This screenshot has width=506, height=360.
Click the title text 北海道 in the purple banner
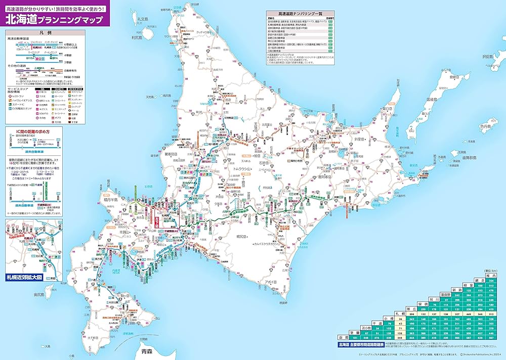21,20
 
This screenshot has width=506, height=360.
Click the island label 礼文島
143,19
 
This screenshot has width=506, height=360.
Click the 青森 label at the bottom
147,350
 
